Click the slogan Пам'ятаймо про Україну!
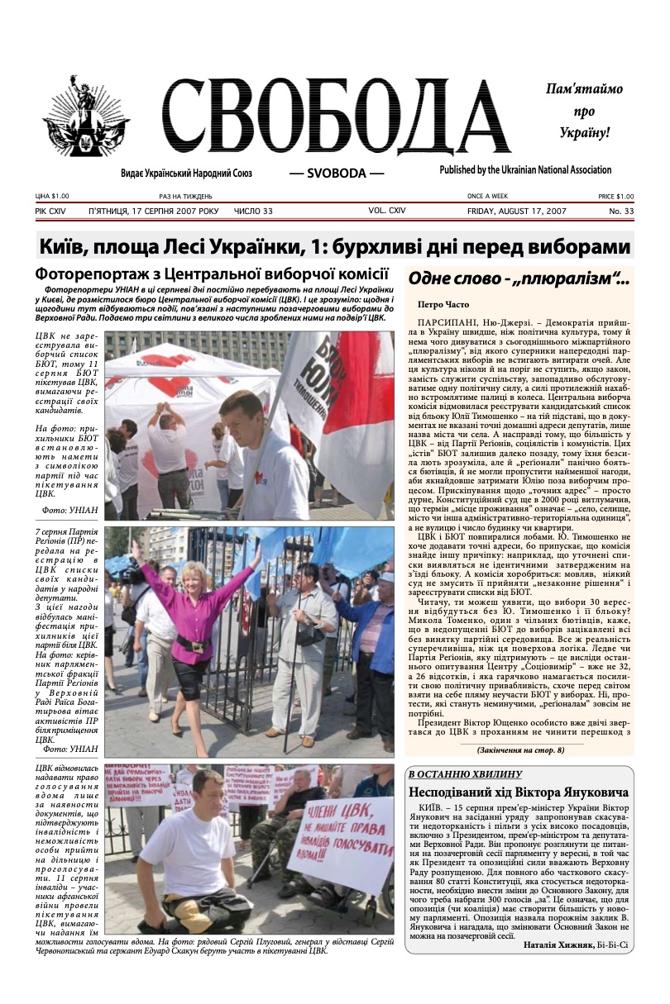[x=584, y=110]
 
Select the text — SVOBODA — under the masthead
[x=336, y=174]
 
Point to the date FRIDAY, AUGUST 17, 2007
[x=514, y=212]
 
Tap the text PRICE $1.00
[x=615, y=197]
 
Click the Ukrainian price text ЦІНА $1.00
[x=52, y=197]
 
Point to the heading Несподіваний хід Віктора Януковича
[x=518, y=792]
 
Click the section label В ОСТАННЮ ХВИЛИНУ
[x=464, y=773]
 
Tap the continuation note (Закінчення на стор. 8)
[x=519, y=749]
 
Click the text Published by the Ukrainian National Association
[x=525, y=170]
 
